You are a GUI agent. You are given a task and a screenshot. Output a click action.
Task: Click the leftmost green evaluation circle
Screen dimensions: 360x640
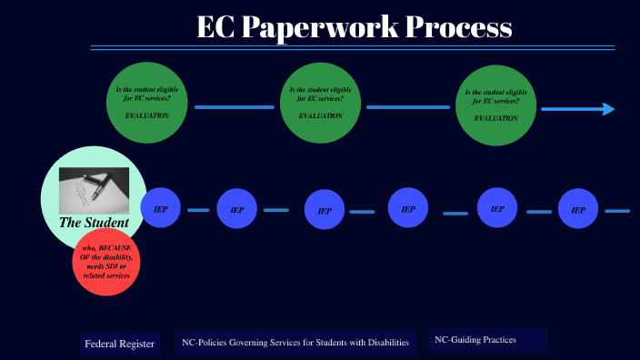(148, 102)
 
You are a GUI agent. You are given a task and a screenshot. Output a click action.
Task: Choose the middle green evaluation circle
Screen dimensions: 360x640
(321, 103)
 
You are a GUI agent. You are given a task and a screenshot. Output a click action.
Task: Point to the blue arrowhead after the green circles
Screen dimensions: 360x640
(606, 109)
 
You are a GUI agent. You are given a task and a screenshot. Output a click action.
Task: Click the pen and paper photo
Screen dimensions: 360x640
(94, 190)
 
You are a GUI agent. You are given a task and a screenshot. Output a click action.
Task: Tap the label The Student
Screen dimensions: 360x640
(94, 223)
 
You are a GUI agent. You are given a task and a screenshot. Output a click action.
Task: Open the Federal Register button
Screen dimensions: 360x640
(119, 344)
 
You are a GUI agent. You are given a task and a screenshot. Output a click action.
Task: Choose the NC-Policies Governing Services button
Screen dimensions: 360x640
(295, 342)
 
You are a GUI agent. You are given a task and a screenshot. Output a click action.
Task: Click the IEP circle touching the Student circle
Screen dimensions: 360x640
(160, 208)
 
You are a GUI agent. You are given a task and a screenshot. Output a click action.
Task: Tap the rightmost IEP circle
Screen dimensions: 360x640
(577, 209)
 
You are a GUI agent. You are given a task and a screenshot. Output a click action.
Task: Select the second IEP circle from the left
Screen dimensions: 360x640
(237, 209)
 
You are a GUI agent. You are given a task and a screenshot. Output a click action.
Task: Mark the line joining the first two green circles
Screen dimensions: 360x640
(235, 107)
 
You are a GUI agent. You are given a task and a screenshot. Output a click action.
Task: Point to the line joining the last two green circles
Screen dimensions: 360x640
(409, 107)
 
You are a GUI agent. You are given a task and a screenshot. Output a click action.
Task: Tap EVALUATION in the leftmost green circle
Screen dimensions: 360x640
(146, 115)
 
